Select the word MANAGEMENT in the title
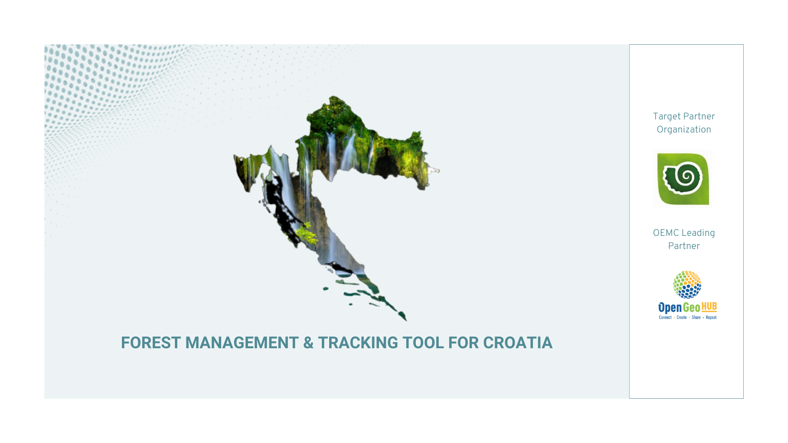[242, 343]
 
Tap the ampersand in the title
[308, 343]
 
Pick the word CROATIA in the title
[518, 343]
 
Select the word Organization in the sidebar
[684, 130]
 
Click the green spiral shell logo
[683, 179]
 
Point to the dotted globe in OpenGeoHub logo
[687, 284]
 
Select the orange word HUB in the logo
[709, 307]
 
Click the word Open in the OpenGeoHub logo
[670, 308]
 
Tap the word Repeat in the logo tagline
[711, 317]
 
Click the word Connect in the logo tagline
[665, 317]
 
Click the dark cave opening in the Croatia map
[386, 166]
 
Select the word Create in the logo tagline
[682, 317]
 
